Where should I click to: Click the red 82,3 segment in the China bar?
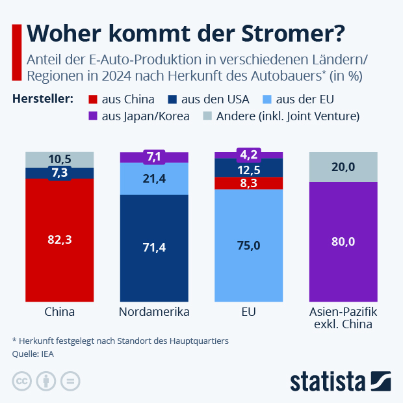(x=60, y=239)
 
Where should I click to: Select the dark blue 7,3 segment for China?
(x=60, y=172)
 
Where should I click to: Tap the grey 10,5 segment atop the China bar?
(x=60, y=159)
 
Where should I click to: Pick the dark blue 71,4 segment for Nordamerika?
(x=154, y=248)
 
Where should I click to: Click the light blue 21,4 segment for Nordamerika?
(x=154, y=178)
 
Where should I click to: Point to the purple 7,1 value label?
(x=154, y=157)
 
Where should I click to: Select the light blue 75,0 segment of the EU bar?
(x=249, y=245)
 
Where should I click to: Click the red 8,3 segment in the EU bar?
(x=249, y=183)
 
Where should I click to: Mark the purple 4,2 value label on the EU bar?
(x=249, y=155)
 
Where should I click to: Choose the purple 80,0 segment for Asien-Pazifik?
(x=343, y=241)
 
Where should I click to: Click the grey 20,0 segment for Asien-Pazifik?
(x=343, y=167)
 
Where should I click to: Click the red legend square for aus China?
(x=92, y=99)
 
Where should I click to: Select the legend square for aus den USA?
(x=172, y=99)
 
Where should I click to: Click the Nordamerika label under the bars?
(x=154, y=311)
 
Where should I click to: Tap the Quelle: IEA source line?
(x=33, y=354)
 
